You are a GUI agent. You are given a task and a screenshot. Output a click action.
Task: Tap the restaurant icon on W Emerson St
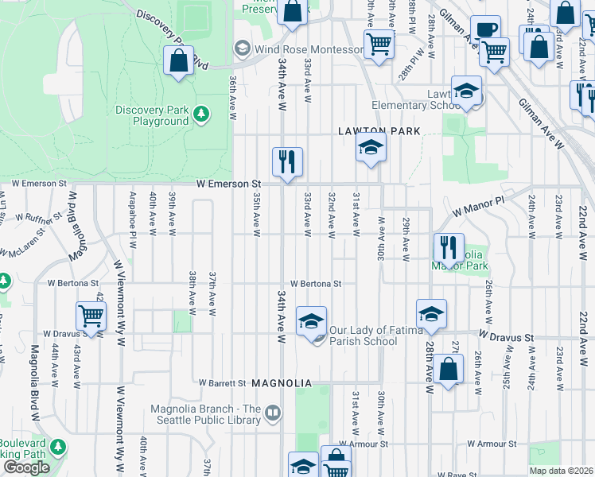[286, 161]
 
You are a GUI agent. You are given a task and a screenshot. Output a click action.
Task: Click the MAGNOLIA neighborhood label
[281, 383]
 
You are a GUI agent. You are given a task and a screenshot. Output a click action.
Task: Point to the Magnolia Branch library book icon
[273, 412]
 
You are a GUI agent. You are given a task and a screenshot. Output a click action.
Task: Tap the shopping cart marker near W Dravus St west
[91, 316]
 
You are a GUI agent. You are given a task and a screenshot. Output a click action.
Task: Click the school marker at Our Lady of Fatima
[311, 321]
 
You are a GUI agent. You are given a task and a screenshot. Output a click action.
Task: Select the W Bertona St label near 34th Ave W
[316, 284]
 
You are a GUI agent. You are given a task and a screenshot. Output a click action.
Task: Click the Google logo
[26, 467]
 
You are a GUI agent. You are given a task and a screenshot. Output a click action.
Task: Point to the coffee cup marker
[484, 29]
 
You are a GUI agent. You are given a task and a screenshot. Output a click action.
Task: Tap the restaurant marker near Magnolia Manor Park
[449, 247]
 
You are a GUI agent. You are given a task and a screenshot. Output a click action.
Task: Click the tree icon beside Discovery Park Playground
[202, 114]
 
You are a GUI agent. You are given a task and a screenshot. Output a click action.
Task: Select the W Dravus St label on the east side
[506, 338]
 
